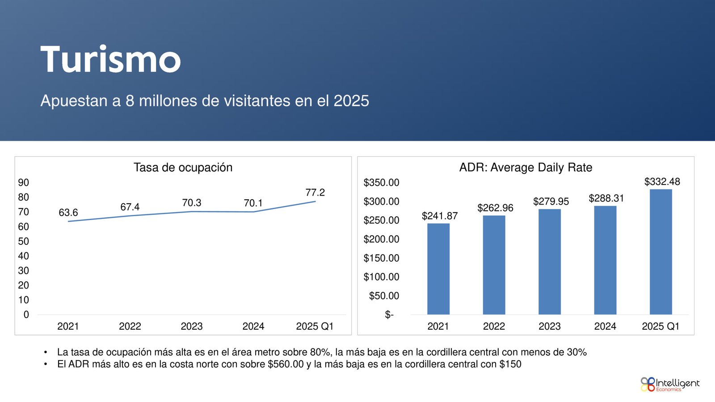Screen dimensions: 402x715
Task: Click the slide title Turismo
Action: click(110, 59)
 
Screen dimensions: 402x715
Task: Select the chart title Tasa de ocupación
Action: click(183, 167)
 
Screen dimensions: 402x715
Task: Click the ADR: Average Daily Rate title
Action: click(526, 167)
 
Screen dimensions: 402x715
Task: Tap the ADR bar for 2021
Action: click(438, 269)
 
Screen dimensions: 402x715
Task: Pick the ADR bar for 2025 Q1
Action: click(660, 252)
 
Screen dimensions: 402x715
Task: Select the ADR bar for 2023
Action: click(549, 262)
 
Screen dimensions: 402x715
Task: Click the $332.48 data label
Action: click(662, 182)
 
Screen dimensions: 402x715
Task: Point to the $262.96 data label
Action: click(495, 208)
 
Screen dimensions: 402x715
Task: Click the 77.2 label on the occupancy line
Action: click(315, 193)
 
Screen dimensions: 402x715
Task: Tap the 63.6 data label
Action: click(68, 213)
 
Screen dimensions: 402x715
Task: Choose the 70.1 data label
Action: click(253, 203)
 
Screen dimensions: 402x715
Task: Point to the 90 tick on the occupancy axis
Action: click(24, 183)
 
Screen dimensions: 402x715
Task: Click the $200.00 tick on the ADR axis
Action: click(381, 239)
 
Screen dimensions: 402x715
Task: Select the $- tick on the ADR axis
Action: click(389, 315)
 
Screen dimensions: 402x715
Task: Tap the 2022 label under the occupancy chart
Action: click(130, 327)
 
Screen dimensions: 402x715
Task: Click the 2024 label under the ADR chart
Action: click(605, 327)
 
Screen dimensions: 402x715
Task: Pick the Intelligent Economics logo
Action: click(669, 384)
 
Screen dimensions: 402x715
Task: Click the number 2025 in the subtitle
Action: click(351, 101)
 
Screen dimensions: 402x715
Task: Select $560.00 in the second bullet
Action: click(286, 364)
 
